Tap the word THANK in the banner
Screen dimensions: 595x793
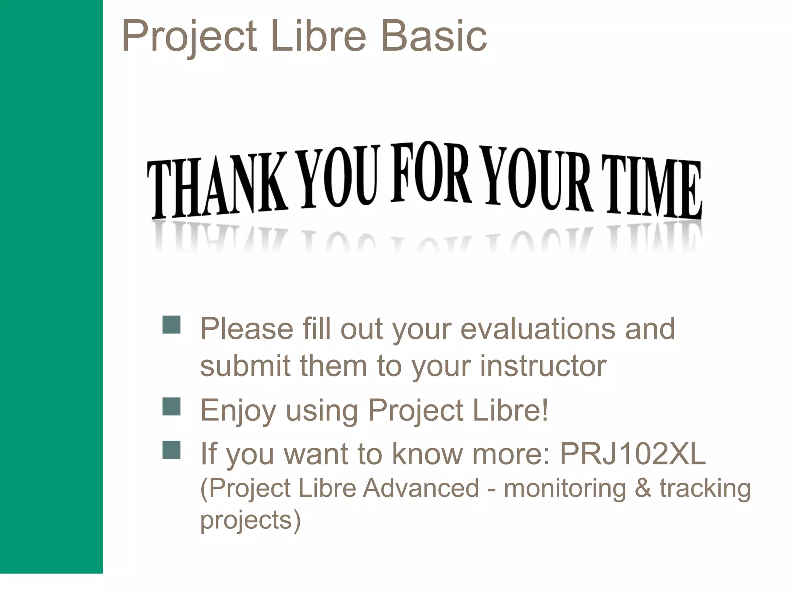(217, 186)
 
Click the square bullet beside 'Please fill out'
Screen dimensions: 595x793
(171, 325)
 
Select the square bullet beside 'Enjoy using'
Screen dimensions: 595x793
(171, 406)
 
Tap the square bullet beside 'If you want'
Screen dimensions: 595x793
(171, 450)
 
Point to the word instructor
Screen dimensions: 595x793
(543, 366)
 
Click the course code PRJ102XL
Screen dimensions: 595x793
(633, 454)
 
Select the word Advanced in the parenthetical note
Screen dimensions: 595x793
(421, 488)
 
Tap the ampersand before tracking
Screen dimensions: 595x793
(643, 488)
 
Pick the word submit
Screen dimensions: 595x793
(245, 366)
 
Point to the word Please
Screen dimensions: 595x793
(247, 328)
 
